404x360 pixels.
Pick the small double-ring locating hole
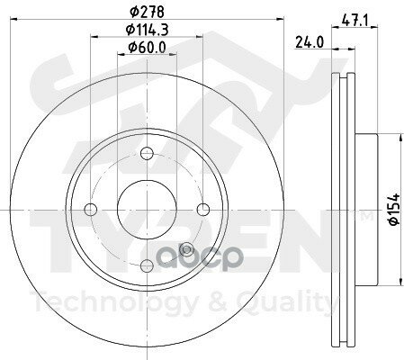[x=186, y=249]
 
